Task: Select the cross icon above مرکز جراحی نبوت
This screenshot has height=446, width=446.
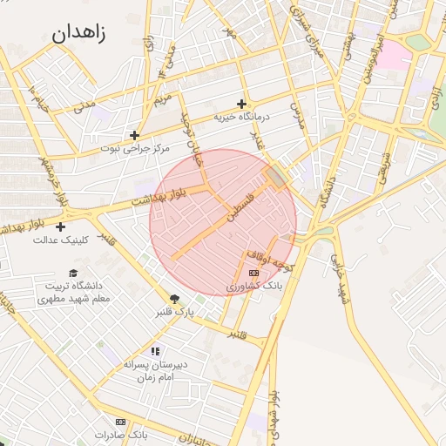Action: pos(134,135)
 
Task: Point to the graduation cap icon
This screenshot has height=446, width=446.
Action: pos(72,273)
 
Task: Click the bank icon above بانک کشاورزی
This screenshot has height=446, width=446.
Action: pos(253,273)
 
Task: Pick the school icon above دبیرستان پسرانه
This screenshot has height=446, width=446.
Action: pos(155,351)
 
